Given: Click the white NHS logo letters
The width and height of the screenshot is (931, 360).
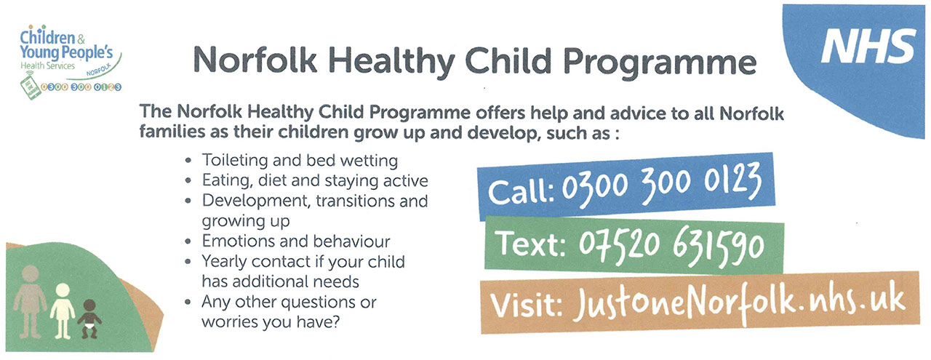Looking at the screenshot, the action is click(868, 46).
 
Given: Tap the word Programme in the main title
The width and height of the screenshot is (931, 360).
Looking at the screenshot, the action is click(660, 63).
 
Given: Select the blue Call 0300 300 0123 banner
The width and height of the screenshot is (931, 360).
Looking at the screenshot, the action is click(626, 186).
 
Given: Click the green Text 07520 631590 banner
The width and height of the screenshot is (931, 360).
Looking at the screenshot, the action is click(634, 245).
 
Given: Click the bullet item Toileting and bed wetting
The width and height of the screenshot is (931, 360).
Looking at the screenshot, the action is click(300, 161).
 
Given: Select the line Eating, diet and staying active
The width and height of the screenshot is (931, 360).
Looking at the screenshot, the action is click(315, 180).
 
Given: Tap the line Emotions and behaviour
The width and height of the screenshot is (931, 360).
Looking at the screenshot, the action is click(296, 241).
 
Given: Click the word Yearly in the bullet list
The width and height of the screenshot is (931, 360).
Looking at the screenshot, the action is click(225, 262).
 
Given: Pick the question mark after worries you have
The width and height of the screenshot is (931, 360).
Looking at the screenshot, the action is click(336, 321).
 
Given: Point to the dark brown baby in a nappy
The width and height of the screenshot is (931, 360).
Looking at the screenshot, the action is click(89, 319).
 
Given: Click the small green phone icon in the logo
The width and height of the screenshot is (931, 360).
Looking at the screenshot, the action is click(30, 86).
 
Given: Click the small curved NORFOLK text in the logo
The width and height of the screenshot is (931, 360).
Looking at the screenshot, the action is click(99, 69).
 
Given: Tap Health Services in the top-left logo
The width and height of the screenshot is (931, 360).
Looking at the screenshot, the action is click(48, 65).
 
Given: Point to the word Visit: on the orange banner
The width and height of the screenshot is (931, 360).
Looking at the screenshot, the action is click(526, 304).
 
